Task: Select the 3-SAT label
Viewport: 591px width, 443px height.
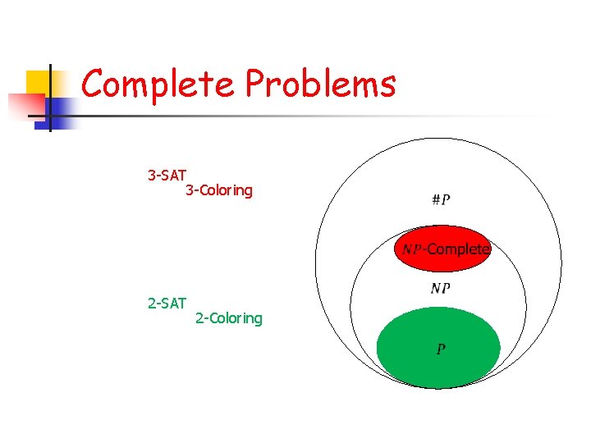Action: [167, 175]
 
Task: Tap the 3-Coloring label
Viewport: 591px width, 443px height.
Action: [219, 190]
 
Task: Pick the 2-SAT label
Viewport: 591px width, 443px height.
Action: [167, 304]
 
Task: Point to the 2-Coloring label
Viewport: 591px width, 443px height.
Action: [229, 318]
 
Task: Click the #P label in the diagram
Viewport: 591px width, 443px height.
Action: [440, 200]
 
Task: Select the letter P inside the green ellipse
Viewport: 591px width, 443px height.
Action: [441, 349]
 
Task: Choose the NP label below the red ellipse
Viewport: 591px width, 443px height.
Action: [440, 289]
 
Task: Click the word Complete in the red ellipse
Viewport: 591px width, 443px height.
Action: [458, 249]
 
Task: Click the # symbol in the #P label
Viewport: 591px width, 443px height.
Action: [435, 200]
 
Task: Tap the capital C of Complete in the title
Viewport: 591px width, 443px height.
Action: [94, 83]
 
